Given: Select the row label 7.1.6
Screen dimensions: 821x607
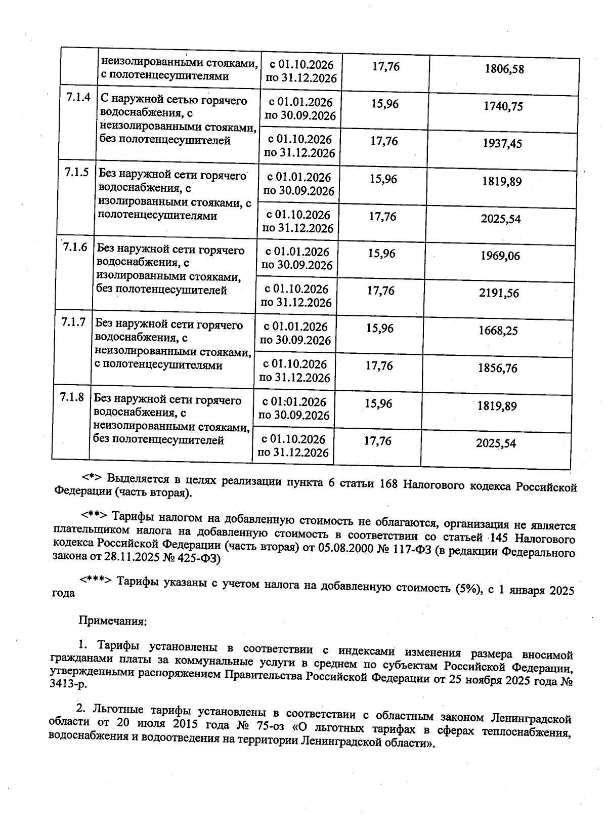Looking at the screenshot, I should tap(75, 248).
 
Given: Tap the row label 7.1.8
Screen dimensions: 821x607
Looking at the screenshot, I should tap(72, 398).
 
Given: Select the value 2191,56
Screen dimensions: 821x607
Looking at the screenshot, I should tap(499, 293).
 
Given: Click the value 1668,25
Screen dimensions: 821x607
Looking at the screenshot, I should tap(498, 331).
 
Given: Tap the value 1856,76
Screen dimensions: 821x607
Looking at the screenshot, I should tap(497, 368).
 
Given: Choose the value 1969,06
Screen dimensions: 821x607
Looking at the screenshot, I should tap(500, 256).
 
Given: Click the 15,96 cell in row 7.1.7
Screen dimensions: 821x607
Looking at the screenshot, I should tap(380, 329).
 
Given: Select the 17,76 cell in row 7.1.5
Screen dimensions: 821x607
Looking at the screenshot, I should tap(382, 217).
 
